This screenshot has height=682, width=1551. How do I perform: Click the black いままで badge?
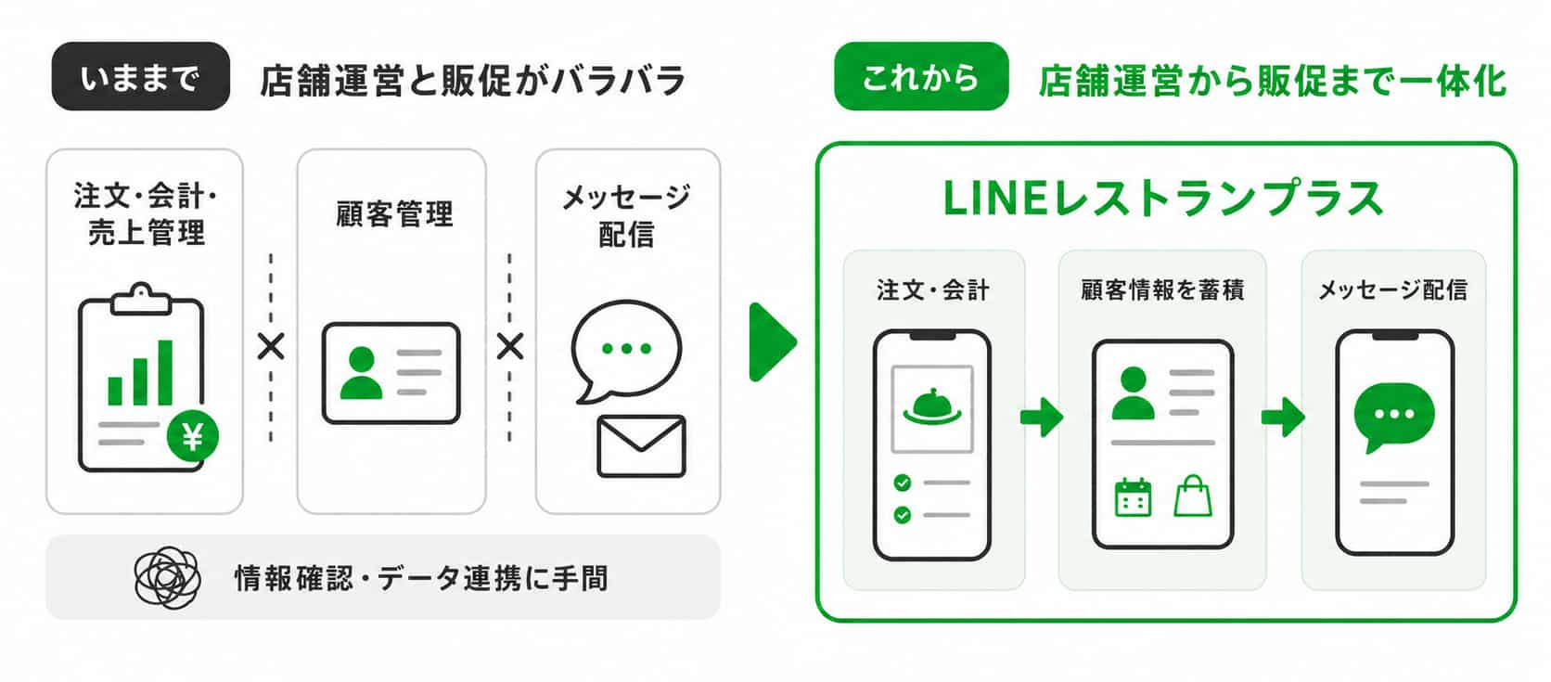(141, 76)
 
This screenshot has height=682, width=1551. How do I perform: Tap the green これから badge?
(921, 76)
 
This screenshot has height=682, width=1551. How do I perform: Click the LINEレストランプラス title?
(1163, 199)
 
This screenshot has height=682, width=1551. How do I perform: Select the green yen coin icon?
(193, 436)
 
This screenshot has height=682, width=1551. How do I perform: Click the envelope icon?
(641, 446)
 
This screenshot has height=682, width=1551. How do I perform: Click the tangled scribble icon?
(168, 577)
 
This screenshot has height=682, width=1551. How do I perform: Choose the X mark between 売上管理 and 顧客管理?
(271, 346)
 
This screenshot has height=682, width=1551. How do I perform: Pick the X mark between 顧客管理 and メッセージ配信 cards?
(509, 346)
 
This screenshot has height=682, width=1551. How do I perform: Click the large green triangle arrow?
(772, 342)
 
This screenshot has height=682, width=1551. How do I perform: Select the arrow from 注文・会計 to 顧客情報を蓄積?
(1042, 417)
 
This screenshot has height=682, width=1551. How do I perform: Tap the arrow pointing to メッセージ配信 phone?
(1283, 417)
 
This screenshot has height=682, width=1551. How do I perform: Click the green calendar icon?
(1134, 497)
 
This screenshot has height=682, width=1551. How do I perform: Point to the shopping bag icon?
(1193, 495)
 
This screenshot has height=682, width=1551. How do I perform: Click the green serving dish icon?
(932, 406)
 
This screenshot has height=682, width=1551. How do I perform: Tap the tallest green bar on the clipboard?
(165, 372)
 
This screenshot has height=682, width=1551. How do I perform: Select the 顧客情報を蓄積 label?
(1162, 290)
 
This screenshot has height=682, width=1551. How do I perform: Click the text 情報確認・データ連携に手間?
(421, 578)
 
